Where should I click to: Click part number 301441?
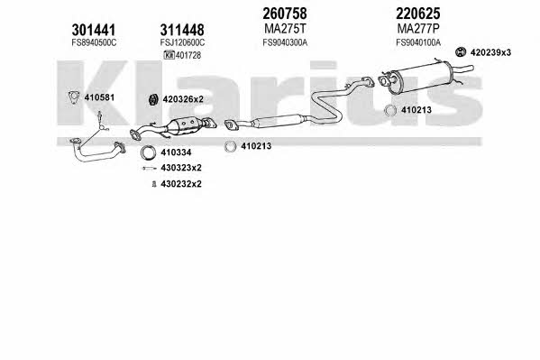point(94,30)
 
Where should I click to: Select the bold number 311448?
point(182,30)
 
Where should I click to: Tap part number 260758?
point(285,14)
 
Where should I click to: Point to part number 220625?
point(417,14)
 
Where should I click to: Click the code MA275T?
point(285,29)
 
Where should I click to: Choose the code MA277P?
point(418,29)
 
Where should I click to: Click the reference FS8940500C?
point(94,42)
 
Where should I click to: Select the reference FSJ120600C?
point(182,42)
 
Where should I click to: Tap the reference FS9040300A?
point(285,42)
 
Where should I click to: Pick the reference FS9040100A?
point(418,42)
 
